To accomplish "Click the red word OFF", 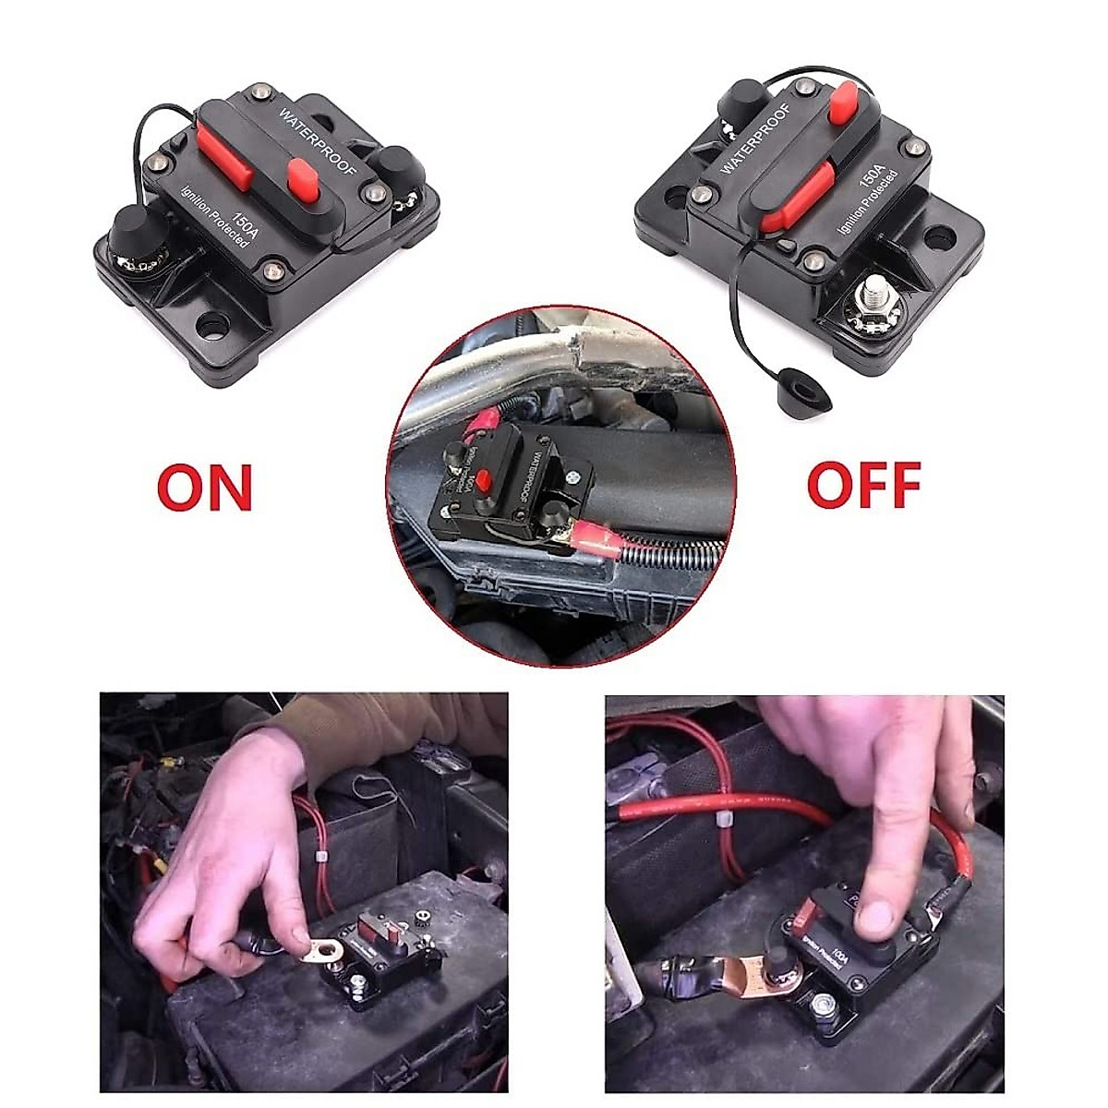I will (863, 484).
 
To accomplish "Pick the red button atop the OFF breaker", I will (843, 102).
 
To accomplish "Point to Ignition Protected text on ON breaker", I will (215, 218).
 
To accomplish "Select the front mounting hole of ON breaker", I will (215, 324).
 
